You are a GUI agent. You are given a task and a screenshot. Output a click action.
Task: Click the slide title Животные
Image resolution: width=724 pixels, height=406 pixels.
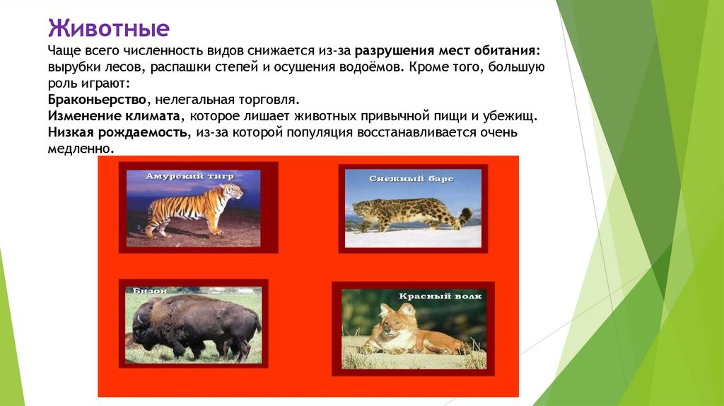(108, 30)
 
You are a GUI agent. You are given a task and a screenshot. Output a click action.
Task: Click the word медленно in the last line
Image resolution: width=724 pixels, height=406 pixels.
(80, 149)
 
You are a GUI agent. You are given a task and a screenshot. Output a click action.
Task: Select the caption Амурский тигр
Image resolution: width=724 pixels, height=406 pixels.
(189, 175)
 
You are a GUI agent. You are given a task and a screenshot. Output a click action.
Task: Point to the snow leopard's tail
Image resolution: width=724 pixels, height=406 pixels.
(465, 216)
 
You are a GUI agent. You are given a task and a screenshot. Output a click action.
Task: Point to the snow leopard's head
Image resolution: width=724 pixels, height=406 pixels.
(362, 209)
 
